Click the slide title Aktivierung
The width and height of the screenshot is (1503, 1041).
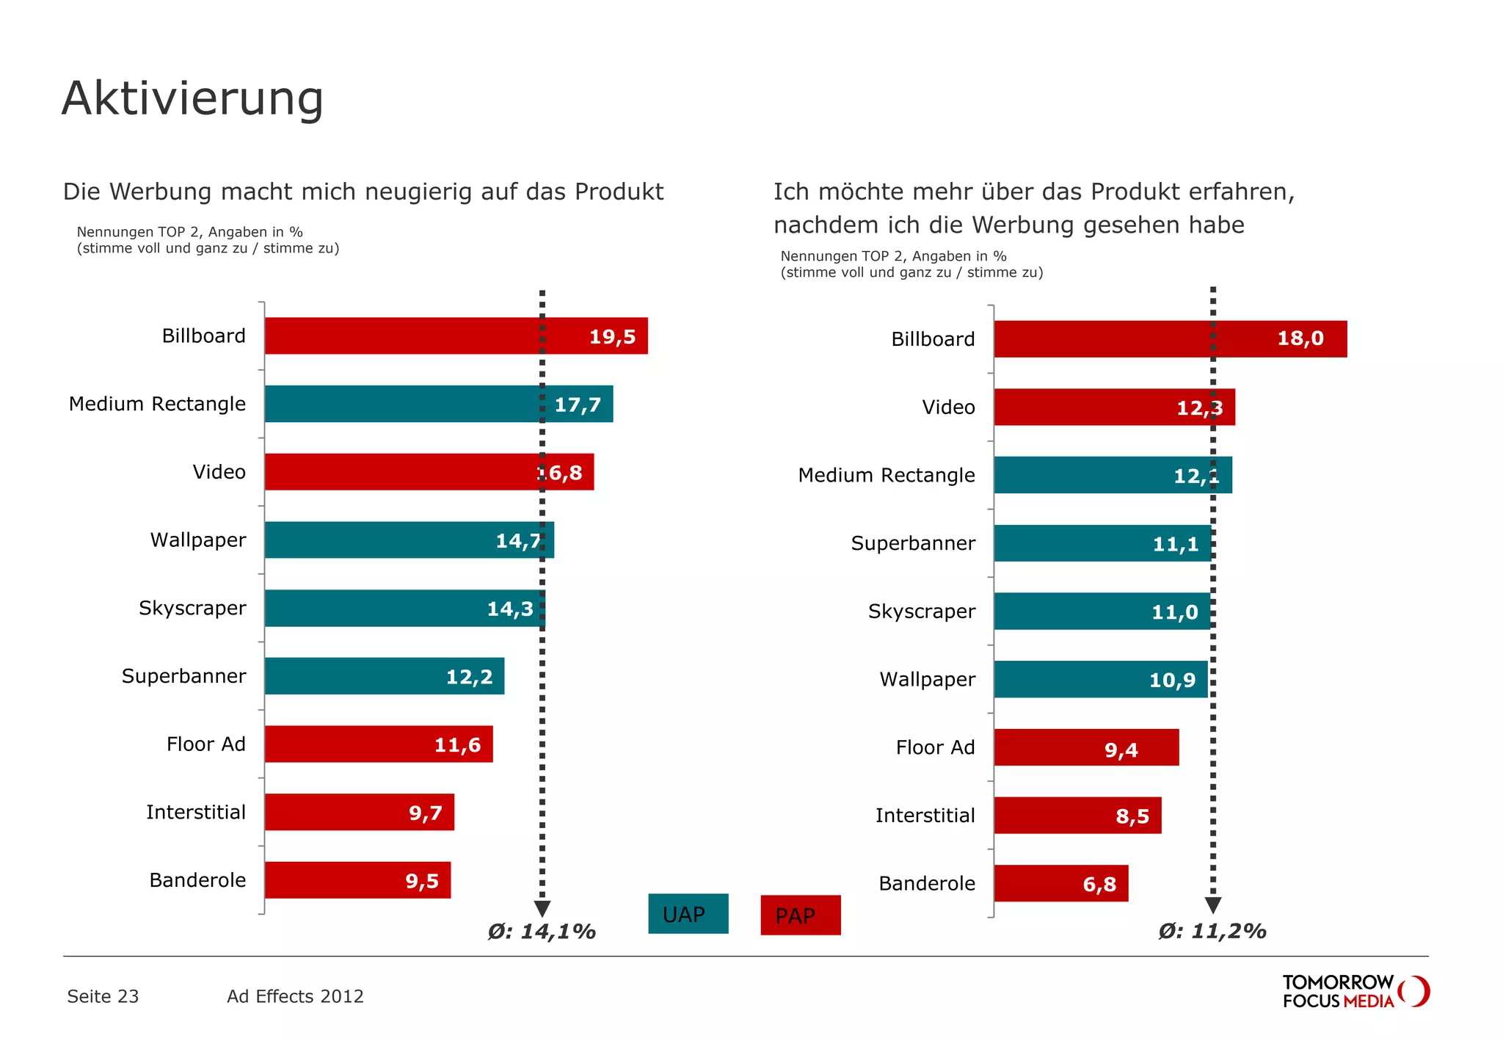pyautogui.click(x=192, y=98)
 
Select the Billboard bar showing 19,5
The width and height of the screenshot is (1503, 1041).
pyautogui.click(x=455, y=336)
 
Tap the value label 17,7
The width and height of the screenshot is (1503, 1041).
pyautogui.click(x=578, y=405)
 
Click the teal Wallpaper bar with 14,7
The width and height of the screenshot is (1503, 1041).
pyautogui.click(x=408, y=540)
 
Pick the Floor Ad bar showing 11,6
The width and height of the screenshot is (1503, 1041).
pyautogui.click(x=378, y=744)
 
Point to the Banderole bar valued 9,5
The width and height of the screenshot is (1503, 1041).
pyautogui.click(x=357, y=880)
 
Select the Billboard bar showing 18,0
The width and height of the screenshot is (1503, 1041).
pyautogui.click(x=1170, y=339)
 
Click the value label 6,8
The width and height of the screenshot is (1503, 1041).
pyautogui.click(x=1099, y=885)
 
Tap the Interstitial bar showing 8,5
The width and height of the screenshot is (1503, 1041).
pyautogui.click(x=1077, y=816)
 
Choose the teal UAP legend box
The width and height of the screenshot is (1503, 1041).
pyautogui.click(x=688, y=914)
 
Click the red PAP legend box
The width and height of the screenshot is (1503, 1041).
pyautogui.click(x=800, y=915)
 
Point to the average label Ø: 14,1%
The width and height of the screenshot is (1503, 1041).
pyautogui.click(x=542, y=932)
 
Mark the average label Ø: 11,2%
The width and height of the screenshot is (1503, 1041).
pyautogui.click(x=1212, y=932)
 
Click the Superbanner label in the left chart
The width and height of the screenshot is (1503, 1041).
pyautogui.click(x=183, y=676)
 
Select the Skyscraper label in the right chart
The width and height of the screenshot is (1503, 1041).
pyautogui.click(x=922, y=612)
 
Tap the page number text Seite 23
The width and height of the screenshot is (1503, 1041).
pyautogui.click(x=103, y=996)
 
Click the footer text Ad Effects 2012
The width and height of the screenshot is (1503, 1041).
pyautogui.click(x=295, y=996)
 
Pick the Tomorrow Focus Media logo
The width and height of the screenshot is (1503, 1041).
pyautogui.click(x=1355, y=992)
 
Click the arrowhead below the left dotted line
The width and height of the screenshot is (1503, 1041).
pyautogui.click(x=542, y=909)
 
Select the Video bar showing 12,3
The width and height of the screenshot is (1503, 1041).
pyautogui.click(x=1114, y=407)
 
